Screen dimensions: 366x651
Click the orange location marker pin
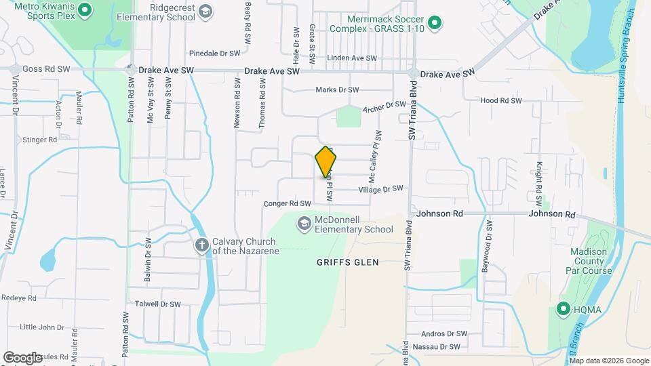(326, 162)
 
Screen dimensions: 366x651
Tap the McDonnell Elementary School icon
(304, 222)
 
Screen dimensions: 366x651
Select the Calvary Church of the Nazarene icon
(201, 245)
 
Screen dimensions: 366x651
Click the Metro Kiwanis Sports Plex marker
(85, 9)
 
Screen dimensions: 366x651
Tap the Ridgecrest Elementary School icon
(205, 11)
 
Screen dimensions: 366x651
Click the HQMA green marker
(563, 310)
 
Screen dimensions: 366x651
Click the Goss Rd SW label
(46, 69)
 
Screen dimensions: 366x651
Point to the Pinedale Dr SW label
(215, 53)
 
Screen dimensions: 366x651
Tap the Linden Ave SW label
(351, 58)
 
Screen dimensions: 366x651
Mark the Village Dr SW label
(380, 189)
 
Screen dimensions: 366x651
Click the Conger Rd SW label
(286, 203)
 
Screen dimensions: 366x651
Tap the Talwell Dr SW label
(158, 304)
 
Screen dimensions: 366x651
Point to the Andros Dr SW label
(444, 333)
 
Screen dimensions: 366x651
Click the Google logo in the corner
(22, 357)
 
